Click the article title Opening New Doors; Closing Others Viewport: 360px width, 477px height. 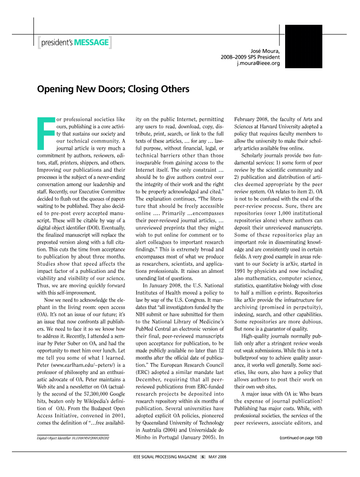[113, 89]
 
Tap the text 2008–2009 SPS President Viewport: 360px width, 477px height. [250, 57]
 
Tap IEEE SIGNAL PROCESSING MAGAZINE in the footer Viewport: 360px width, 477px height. [165, 457]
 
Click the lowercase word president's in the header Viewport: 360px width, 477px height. [57, 43]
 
